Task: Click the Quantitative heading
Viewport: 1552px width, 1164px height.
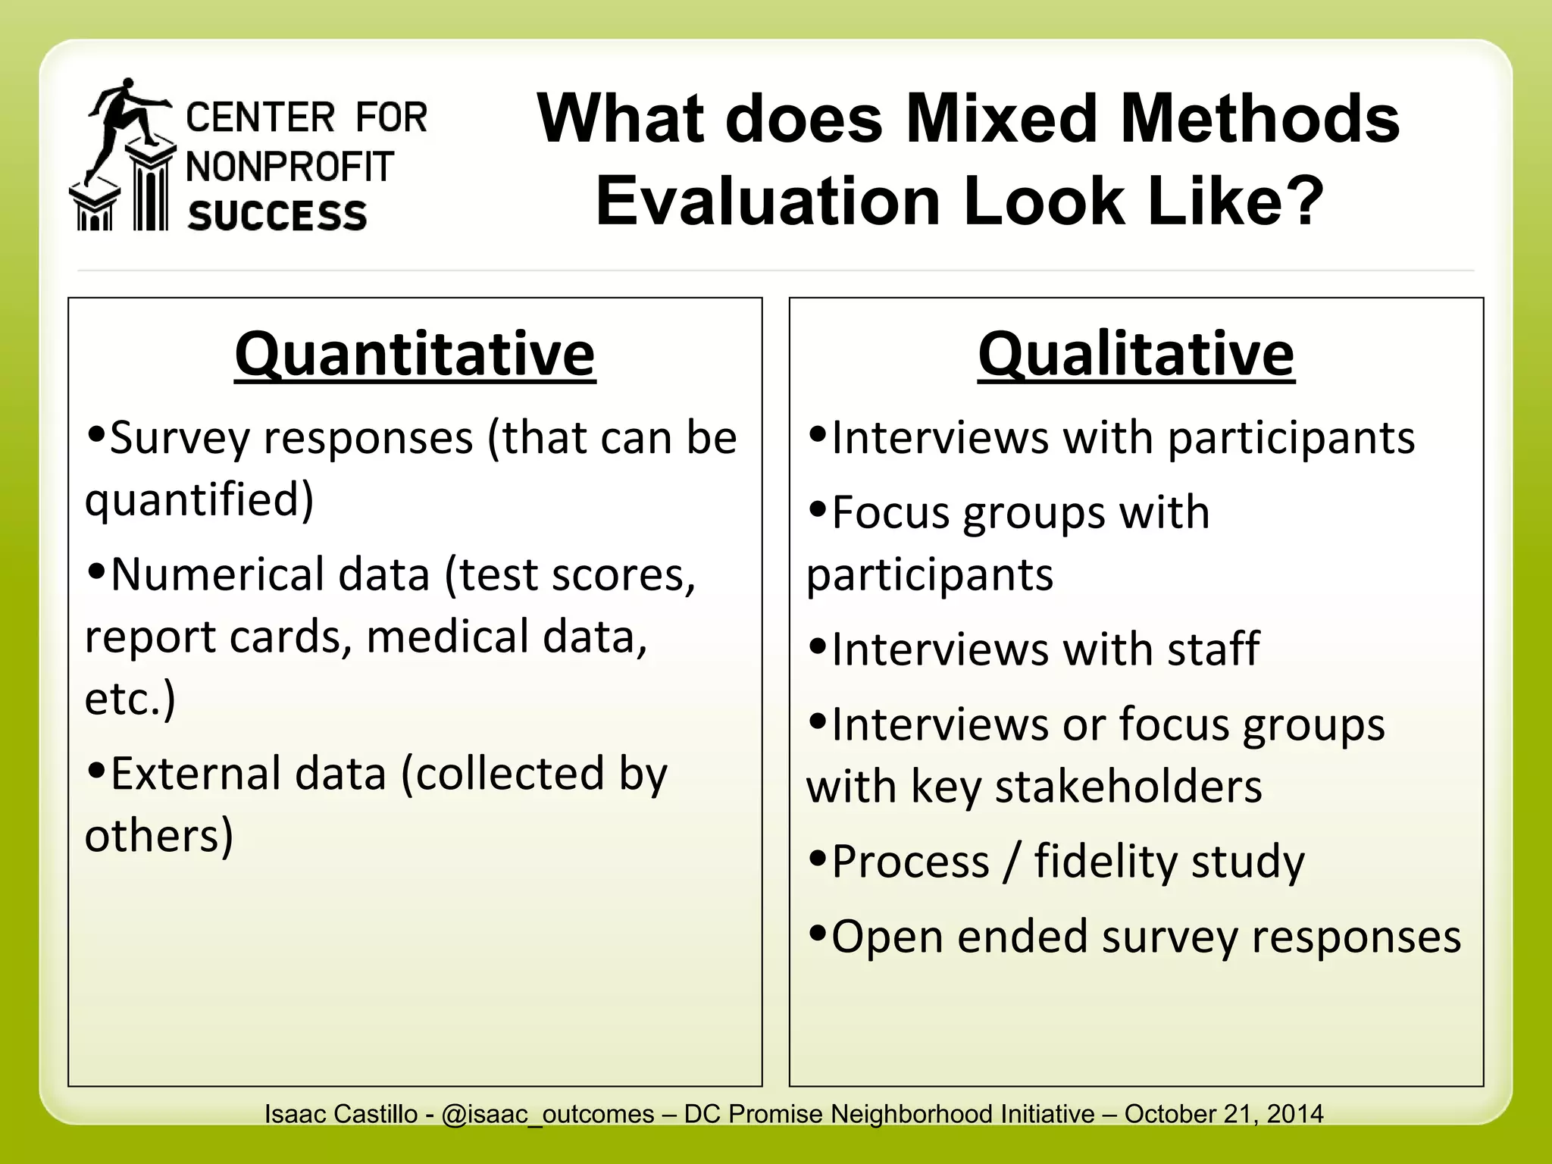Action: click(x=415, y=354)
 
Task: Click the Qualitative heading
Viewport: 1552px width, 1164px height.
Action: click(x=1135, y=354)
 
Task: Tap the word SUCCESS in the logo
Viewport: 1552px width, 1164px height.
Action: click(x=277, y=216)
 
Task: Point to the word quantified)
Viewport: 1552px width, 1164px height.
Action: click(x=199, y=500)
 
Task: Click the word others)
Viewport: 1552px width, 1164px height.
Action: click(x=159, y=835)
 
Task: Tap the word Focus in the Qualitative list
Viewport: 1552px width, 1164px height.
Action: click(x=890, y=513)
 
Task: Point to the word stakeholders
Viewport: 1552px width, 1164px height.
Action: click(x=1128, y=787)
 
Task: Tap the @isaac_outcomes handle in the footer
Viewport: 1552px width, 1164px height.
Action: click(x=547, y=1114)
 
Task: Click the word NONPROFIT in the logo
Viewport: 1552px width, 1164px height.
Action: click(x=290, y=167)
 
